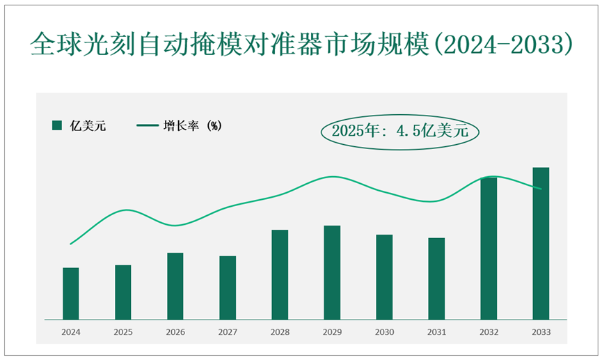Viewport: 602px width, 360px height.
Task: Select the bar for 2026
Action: [175, 286]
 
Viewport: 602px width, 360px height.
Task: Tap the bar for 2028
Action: [280, 275]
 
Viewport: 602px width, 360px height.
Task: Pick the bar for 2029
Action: [332, 273]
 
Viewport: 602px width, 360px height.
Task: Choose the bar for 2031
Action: [436, 279]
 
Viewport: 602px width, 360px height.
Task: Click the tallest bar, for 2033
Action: [541, 244]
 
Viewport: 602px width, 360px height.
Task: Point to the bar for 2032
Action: [489, 249]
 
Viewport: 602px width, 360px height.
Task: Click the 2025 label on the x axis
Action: [123, 333]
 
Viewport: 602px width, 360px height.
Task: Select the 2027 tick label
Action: [228, 333]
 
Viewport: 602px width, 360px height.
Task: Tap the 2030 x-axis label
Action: [384, 333]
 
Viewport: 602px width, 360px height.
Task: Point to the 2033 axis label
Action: [541, 333]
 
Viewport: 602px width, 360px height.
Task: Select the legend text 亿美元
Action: [88, 126]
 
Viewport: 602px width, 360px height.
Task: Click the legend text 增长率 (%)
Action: [193, 126]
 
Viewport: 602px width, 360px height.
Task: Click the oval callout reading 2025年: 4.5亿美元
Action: [400, 130]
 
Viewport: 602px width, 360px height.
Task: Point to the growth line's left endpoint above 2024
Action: [71, 244]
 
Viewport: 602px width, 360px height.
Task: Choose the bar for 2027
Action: [228, 288]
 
